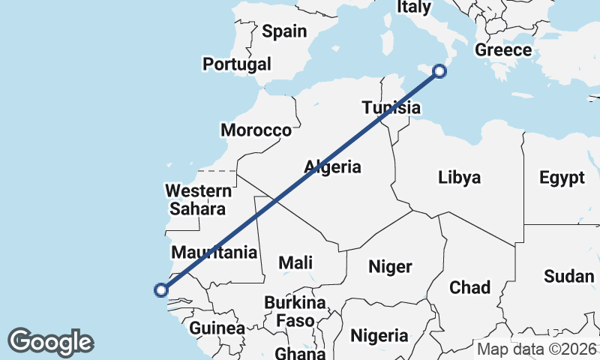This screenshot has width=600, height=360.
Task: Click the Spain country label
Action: tap(284, 31)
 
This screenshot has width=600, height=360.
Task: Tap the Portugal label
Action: tap(237, 64)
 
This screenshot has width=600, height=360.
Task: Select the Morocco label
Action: tap(256, 130)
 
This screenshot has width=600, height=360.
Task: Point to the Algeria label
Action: tap(333, 167)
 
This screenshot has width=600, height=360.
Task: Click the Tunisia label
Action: tap(390, 107)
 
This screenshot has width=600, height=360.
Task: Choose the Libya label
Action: tap(459, 178)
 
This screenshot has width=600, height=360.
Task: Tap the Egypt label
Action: tap(562, 178)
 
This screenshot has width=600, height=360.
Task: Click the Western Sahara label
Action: tap(196, 199)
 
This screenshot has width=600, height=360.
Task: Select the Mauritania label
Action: tap(214, 252)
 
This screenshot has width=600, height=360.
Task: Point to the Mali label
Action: tap(295, 262)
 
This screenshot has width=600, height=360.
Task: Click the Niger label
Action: tap(390, 266)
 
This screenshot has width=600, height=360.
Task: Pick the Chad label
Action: tap(469, 287)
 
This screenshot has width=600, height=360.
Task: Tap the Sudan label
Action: tap(569, 276)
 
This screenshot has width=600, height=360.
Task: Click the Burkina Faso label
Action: tap(295, 312)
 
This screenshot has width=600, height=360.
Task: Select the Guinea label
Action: tap(217, 328)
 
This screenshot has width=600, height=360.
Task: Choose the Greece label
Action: tap(503, 50)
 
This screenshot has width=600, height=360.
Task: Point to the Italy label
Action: tap(414, 7)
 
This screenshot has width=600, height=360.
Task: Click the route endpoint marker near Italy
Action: tap(440, 71)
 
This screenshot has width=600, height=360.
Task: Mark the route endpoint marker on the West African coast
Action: tap(160, 289)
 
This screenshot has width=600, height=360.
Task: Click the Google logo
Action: tap(50, 342)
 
